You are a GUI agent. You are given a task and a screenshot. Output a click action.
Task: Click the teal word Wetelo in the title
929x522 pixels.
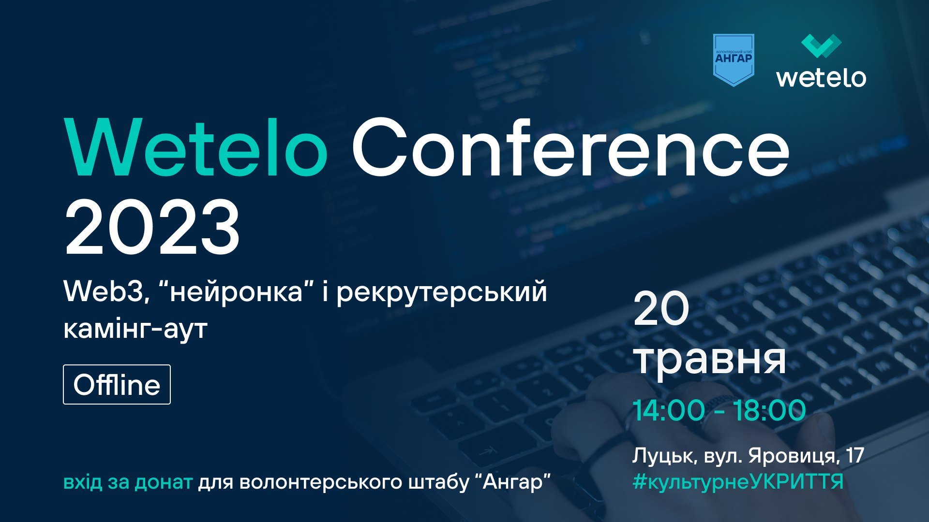[196, 147]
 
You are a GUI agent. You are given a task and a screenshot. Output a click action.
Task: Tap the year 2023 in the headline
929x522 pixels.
[152, 227]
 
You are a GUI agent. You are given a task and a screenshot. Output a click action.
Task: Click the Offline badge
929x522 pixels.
[117, 384]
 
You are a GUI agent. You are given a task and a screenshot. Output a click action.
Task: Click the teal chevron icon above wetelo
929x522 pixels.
[822, 46]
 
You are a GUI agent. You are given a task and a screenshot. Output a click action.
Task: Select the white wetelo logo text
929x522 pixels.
[821, 77]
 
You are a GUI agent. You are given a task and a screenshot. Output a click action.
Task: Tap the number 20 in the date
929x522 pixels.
[661, 309]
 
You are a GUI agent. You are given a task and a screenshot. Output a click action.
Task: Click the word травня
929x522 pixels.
[710, 360]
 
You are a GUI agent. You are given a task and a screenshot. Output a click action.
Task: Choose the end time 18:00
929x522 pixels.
[770, 410]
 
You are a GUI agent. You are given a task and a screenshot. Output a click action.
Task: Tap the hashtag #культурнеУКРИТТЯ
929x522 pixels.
[738, 482]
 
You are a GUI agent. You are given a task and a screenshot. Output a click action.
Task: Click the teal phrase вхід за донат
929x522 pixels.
[128, 482]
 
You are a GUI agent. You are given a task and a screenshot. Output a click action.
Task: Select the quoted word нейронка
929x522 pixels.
[237, 291]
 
